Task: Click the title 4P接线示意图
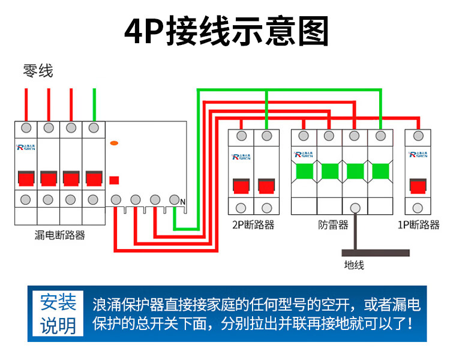click(x=226, y=32)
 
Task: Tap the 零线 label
click(x=38, y=71)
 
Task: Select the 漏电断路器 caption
click(x=60, y=235)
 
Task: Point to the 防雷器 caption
click(x=333, y=225)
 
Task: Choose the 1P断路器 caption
click(x=419, y=225)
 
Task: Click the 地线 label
click(x=354, y=265)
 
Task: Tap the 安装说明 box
click(x=58, y=314)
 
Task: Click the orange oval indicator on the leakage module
click(x=114, y=143)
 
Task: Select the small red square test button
click(x=114, y=179)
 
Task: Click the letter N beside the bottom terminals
click(x=183, y=202)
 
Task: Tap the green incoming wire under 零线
click(x=94, y=103)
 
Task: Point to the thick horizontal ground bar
click(x=367, y=253)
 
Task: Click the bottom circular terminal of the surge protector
click(x=355, y=208)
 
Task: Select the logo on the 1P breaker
click(x=418, y=154)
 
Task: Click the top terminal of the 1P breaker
click(x=418, y=137)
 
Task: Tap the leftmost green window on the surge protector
click(x=304, y=172)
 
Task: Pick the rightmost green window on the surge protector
click(x=380, y=172)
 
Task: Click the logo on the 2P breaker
click(x=241, y=157)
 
